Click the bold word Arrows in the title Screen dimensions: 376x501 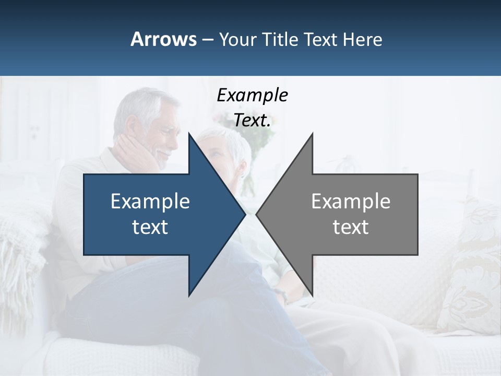pos(163,39)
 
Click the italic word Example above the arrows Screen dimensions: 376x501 pos(252,95)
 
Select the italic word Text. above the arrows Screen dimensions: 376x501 pos(252,120)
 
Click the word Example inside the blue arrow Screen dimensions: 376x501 pos(150,201)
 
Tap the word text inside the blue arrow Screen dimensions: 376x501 pos(150,227)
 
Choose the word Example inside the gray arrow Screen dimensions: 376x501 pos(351,201)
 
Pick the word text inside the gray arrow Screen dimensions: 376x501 pos(351,227)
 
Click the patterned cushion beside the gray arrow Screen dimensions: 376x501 pos(470,272)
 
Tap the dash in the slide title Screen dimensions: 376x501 pos(207,39)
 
